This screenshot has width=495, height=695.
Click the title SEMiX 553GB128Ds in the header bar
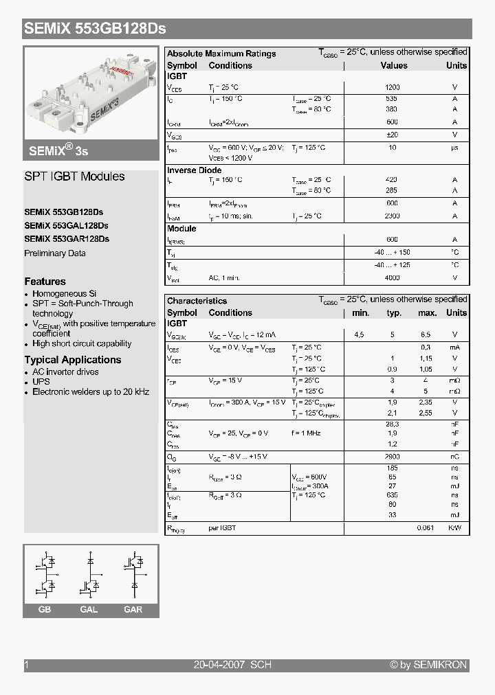click(x=95, y=30)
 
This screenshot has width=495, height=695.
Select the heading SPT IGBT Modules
click(x=74, y=176)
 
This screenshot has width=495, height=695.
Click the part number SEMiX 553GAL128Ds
click(x=66, y=225)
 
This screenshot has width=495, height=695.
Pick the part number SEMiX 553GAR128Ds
click(x=66, y=239)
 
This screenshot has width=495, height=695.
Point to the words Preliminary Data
click(x=55, y=253)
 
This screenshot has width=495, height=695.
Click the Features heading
click(x=45, y=282)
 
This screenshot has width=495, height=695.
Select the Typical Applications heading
click(x=73, y=360)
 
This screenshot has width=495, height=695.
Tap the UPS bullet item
click(x=41, y=382)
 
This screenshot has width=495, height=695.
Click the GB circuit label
click(x=45, y=610)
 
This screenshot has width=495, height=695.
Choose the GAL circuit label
click(x=89, y=610)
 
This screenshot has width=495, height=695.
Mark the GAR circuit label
click(x=133, y=610)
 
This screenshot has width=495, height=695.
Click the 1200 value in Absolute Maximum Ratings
click(x=392, y=87)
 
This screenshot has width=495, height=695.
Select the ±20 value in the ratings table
click(x=392, y=135)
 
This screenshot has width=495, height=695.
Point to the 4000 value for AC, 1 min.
click(x=392, y=277)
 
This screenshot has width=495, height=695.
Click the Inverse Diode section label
click(x=195, y=170)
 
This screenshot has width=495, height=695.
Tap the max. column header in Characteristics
click(x=427, y=312)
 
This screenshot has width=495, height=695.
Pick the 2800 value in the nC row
click(x=393, y=457)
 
